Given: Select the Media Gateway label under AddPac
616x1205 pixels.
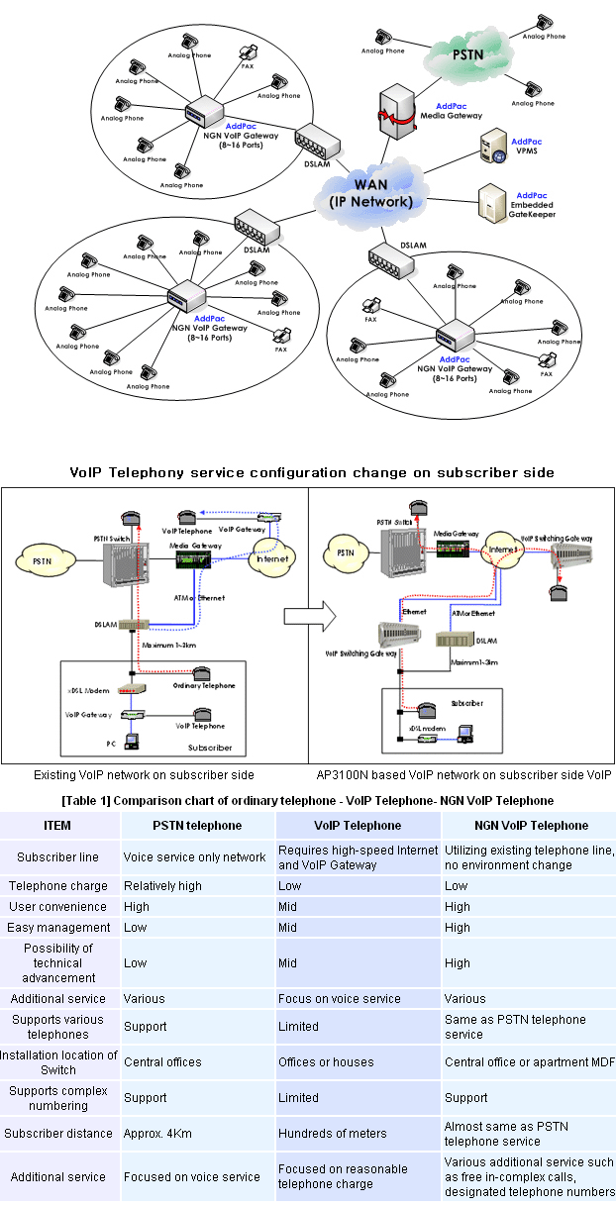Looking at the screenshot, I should pos(458,114).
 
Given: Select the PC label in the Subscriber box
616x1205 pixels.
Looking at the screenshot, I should pos(111,742).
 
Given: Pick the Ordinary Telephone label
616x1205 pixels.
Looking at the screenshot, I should pos(204,685).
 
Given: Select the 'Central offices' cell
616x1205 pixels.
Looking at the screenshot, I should pos(162,1061).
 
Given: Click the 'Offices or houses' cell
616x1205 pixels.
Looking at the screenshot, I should pos(326,1061).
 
